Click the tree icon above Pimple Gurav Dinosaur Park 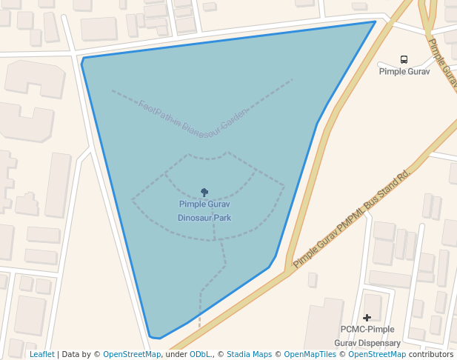click(204, 193)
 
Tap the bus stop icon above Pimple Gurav click(404, 59)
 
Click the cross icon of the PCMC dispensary click(367, 318)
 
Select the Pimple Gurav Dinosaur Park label click(204, 211)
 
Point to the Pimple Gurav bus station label click(404, 72)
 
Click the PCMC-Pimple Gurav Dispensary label click(367, 336)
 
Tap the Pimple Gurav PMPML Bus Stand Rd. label click(352, 219)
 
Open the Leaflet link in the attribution click(41, 354)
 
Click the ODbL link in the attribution click(200, 354)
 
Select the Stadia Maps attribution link click(249, 354)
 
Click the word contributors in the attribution click(430, 354)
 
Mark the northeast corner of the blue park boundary click(375, 21)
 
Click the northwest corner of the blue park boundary click(83, 59)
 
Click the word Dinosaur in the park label click(195, 219)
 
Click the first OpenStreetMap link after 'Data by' click(132, 354)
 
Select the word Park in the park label click(222, 219)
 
